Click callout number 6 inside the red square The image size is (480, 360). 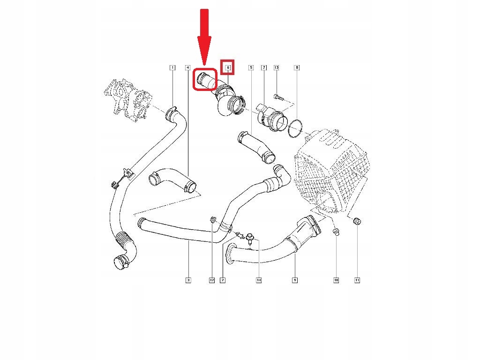click(228, 68)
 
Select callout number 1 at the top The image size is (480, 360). click(172, 68)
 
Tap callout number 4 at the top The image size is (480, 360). click(187, 68)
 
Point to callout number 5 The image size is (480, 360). click(251, 68)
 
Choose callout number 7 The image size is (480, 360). click(263, 68)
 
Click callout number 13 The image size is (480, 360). click(276, 68)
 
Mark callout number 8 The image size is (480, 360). click(296, 68)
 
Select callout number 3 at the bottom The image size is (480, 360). click(188, 280)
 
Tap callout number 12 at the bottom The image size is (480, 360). click(211, 280)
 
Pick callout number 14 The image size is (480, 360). click(258, 280)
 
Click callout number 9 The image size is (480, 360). click(295, 280)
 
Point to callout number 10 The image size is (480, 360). click(336, 280)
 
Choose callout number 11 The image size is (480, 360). click(357, 280)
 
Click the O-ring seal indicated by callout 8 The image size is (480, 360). click(295, 129)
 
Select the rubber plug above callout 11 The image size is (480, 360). click(357, 221)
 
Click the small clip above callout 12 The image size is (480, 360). click(212, 219)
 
